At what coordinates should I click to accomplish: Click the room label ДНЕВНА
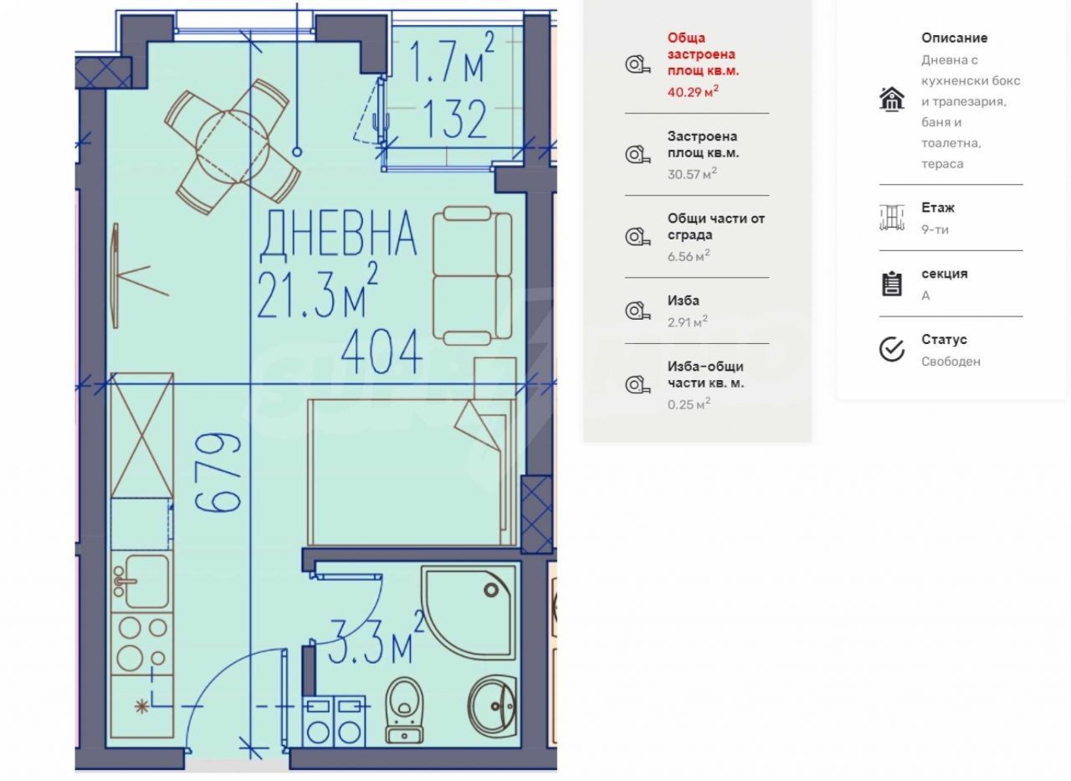339,234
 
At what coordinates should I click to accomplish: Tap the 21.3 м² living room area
317,291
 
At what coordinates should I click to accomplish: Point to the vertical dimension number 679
218,472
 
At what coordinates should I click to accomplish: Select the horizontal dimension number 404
382,352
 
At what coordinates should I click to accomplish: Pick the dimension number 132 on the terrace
454,119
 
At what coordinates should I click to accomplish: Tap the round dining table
233,146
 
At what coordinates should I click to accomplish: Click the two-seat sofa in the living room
473,275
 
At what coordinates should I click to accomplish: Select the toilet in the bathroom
404,710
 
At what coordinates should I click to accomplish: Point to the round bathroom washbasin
492,706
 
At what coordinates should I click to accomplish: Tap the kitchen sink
141,582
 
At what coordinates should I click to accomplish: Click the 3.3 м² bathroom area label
377,639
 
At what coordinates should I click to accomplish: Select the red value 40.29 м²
693,91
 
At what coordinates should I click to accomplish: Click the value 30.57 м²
692,173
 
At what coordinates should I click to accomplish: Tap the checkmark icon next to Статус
892,349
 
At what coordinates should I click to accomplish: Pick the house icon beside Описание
892,100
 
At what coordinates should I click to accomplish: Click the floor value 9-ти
935,229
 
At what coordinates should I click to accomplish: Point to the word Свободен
951,362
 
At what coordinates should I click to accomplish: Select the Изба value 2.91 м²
688,322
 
